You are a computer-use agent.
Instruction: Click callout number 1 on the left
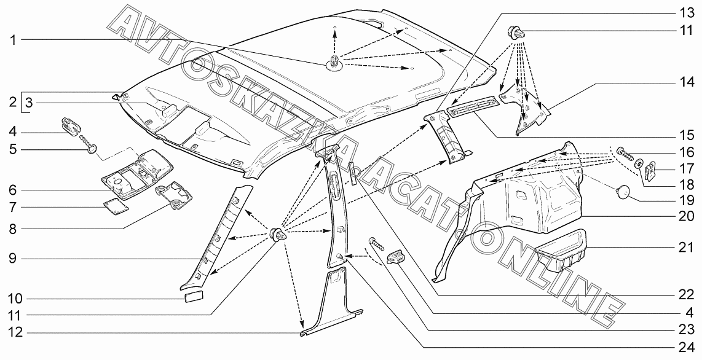coord(14,41)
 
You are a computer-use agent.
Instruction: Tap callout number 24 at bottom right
coord(685,346)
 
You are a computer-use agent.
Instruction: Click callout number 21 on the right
coord(685,248)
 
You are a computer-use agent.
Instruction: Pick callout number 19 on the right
coord(685,200)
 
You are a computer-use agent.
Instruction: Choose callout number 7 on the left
coord(14,208)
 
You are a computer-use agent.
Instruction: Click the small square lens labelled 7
coord(116,208)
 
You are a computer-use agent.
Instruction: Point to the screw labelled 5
coord(88,143)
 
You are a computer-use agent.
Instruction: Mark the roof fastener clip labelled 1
coord(334,63)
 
